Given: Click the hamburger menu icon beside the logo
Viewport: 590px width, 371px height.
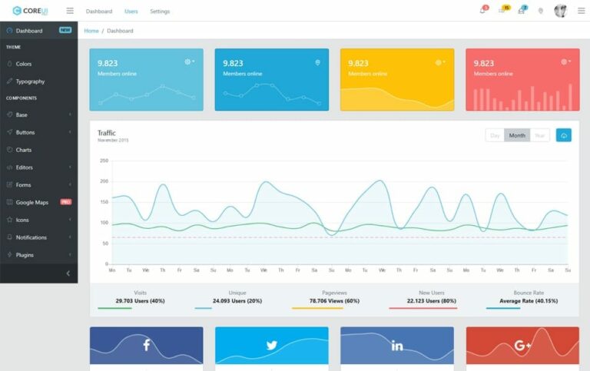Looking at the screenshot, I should click(70, 11).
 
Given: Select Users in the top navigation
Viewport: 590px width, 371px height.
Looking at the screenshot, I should click(131, 12).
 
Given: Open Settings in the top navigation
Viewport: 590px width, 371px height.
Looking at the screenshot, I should click(160, 12).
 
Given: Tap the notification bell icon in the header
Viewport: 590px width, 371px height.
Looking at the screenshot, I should click(482, 11).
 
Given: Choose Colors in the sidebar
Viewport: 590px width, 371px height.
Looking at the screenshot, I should click(23, 64).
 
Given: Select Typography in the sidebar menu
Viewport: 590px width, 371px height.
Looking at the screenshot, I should click(30, 81).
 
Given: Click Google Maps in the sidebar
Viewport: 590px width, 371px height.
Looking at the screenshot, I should click(31, 203).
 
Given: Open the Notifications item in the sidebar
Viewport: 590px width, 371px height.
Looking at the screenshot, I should click(31, 237).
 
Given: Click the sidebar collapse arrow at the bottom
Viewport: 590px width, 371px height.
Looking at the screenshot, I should click(68, 273).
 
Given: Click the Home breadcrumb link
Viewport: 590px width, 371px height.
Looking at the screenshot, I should click(91, 31).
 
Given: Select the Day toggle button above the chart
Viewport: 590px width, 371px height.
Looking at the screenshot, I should click(495, 135).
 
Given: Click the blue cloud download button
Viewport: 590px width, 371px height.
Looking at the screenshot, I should click(564, 135).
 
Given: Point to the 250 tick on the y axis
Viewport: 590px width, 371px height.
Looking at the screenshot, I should click(104, 161).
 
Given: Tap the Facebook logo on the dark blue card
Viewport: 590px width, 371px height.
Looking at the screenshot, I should click(147, 346).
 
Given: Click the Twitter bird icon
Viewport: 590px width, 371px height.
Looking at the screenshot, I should click(271, 346).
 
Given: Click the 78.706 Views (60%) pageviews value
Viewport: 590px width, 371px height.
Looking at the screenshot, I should click(334, 300).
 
